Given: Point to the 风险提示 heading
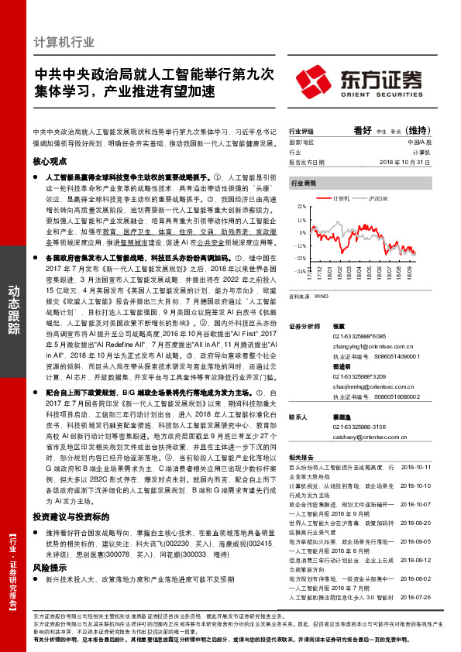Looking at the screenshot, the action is pos(47,545).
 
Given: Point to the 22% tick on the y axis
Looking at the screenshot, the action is pos(301,208).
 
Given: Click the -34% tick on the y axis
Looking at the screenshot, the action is pos(301,271).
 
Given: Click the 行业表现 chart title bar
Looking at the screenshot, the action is pos(303,183).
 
